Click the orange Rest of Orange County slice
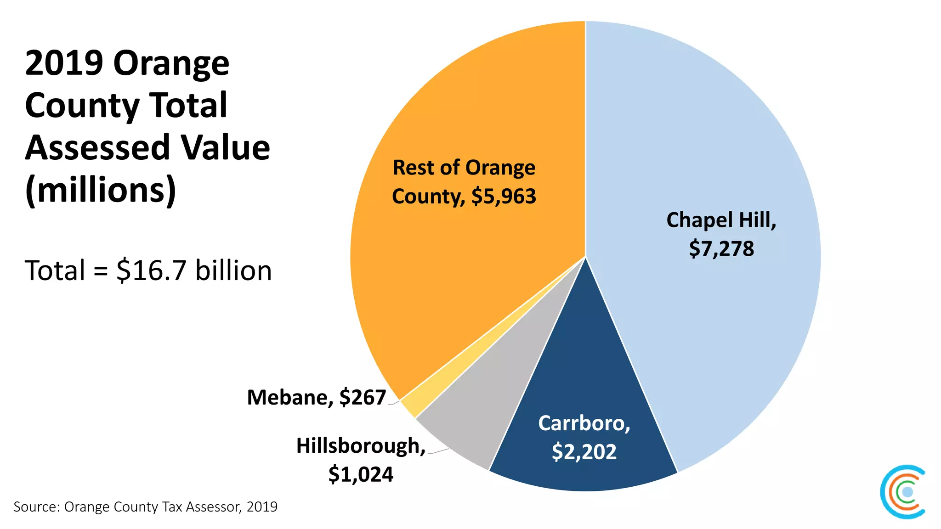coord(459,276)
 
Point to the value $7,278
coord(721,248)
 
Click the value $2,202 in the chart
coord(584,451)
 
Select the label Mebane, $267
coord(316,397)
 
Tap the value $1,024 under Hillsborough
coord(361,474)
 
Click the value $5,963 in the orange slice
coord(504,196)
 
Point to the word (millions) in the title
coord(101,190)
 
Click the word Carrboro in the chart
coord(584,423)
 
